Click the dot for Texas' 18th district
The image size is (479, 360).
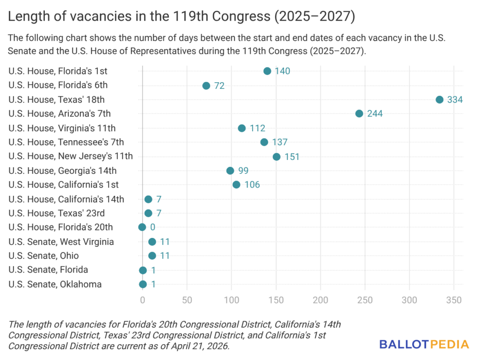pos(439,100)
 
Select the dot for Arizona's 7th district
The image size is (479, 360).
pos(359,114)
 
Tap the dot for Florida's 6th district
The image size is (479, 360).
pos(206,86)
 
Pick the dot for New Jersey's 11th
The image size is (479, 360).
pos(276,157)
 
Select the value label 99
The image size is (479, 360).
pos(243,171)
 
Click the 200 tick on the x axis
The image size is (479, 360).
pos(321,300)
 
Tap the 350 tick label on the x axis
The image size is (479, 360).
pos(454,300)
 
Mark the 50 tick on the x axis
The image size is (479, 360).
pos(187,300)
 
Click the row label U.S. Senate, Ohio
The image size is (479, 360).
pos(44,256)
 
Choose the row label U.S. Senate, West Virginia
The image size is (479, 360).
pos(61,242)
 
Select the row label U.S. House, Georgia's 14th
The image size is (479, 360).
pos(62,171)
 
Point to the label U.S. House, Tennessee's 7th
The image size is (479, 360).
pos(66,142)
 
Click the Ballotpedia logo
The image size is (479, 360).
pos(424,345)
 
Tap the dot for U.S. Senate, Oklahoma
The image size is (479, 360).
pos(143,284)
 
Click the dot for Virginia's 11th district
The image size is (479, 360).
pos(242,128)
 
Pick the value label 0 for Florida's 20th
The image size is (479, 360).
pos(152,227)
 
